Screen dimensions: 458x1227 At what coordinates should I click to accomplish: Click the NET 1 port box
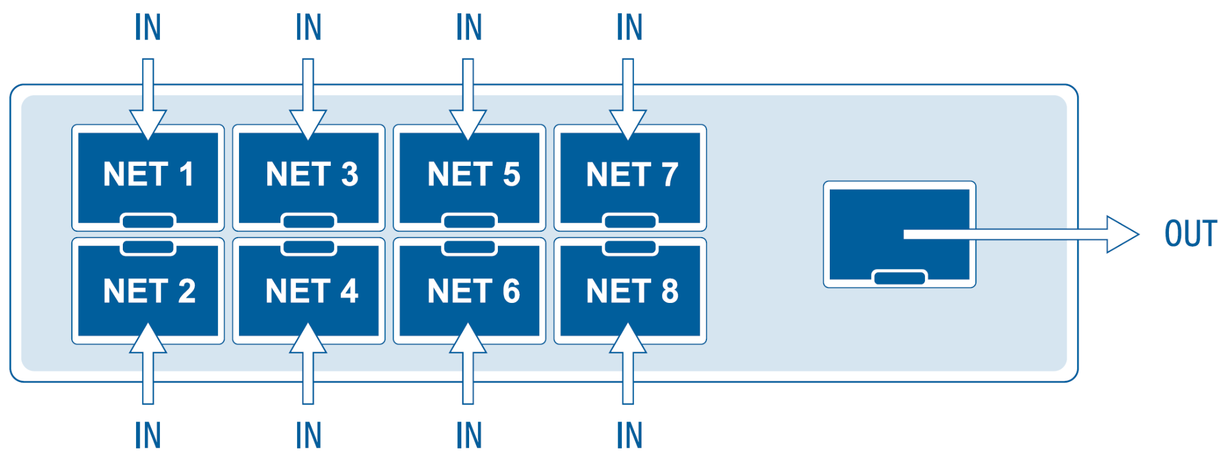tap(148, 178)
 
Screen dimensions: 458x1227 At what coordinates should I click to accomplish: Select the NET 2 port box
tap(148, 291)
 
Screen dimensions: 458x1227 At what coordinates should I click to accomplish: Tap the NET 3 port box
tap(309, 178)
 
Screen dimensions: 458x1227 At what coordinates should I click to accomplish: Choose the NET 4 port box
tap(309, 291)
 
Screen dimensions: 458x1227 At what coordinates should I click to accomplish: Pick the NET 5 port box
tap(469, 178)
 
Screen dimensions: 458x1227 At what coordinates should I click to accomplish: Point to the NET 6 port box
tap(469, 291)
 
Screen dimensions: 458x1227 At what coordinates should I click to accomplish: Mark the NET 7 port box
tap(630, 178)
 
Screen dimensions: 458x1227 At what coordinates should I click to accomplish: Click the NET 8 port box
tap(630, 291)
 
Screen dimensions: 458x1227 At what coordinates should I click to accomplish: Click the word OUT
tap(1190, 234)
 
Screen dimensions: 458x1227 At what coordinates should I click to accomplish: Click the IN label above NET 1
tap(148, 28)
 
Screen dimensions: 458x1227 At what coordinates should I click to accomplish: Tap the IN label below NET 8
tap(630, 435)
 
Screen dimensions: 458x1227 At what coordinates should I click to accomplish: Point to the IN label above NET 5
tap(469, 28)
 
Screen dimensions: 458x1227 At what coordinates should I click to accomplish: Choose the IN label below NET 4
tap(309, 435)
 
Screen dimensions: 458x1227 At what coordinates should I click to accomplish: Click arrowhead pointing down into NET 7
tap(628, 124)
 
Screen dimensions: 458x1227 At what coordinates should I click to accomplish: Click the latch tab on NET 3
tap(309, 222)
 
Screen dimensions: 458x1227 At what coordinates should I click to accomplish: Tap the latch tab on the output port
tap(899, 278)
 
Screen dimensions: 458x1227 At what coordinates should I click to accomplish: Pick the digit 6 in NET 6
tap(511, 292)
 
